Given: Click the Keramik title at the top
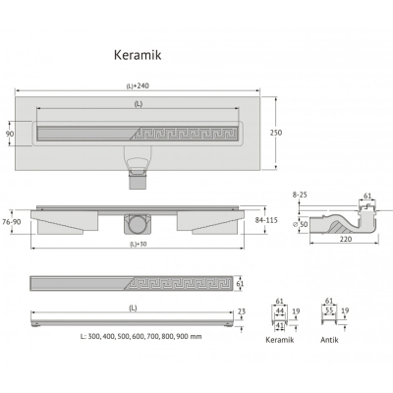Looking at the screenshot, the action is tap(138, 55).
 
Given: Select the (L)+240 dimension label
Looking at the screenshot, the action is tap(138, 86).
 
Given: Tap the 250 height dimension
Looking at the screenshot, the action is tap(276, 133).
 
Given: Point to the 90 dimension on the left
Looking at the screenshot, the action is tap(10, 134).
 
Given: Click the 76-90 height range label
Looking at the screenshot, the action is tap(12, 222).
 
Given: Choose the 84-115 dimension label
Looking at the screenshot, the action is tap(266, 220).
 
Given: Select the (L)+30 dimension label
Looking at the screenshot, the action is tap(138, 244).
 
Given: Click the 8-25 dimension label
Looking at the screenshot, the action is tap(300, 195).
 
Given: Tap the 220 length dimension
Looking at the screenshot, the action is tap(346, 239).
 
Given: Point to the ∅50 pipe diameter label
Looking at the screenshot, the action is tap(300, 224).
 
